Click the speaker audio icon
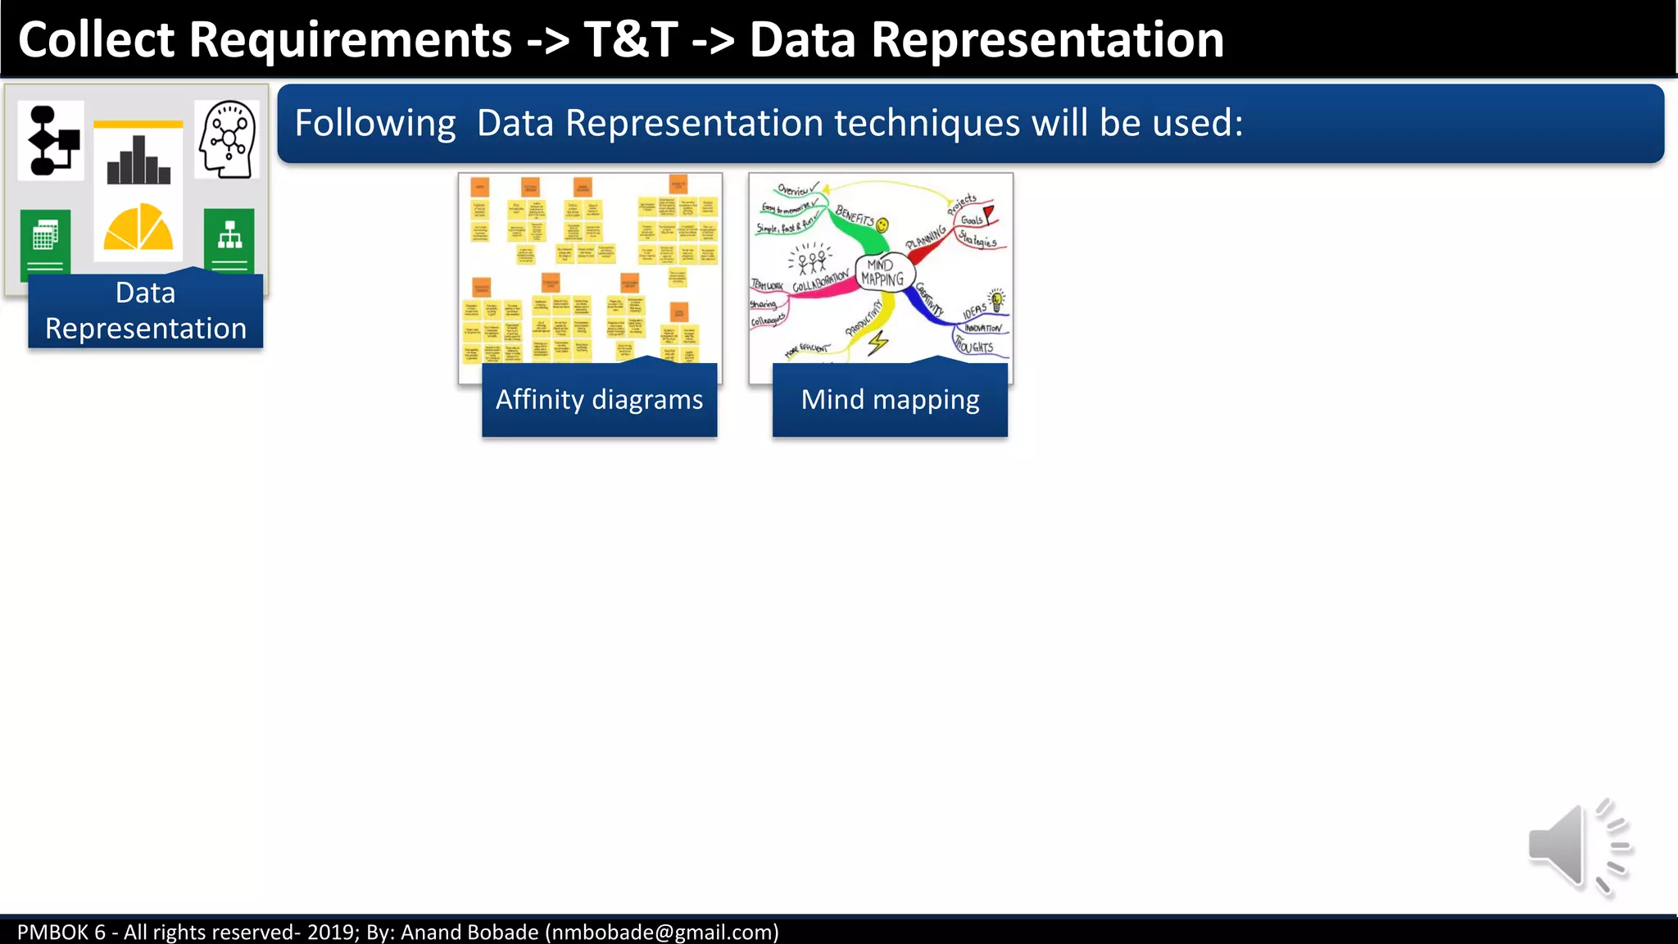(x=1577, y=847)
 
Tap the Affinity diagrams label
(x=599, y=400)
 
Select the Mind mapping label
(x=890, y=400)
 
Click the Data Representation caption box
(x=145, y=311)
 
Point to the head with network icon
(x=228, y=139)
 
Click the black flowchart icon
(x=52, y=141)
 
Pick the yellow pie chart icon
(x=138, y=228)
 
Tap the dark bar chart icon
(x=138, y=161)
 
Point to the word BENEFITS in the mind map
(x=855, y=216)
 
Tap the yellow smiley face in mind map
(x=882, y=225)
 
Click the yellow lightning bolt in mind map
(x=878, y=343)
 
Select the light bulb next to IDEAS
(x=997, y=299)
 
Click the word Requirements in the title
(x=350, y=39)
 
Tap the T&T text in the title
(x=631, y=39)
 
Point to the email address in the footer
(x=662, y=932)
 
